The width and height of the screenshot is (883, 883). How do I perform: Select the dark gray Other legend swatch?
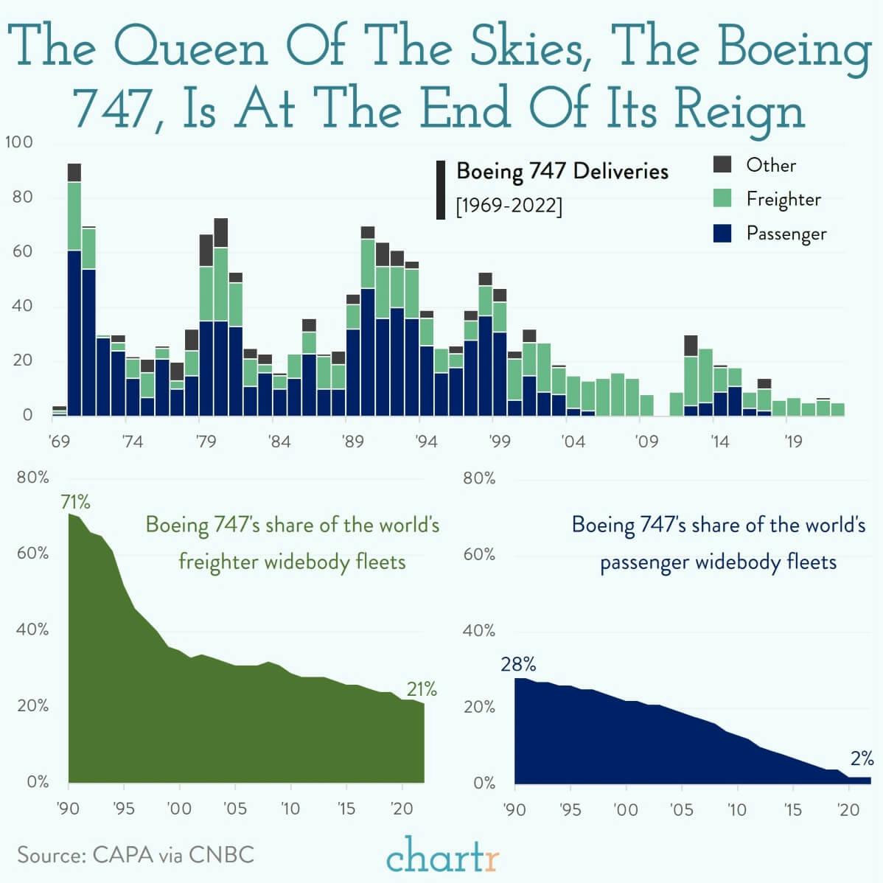[x=722, y=164]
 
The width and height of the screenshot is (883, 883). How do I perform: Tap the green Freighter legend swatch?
[x=722, y=198]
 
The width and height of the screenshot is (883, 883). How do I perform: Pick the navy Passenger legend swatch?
[x=722, y=233]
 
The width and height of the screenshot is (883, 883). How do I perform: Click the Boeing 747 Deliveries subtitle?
[x=562, y=171]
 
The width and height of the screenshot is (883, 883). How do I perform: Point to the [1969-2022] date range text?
[x=509, y=206]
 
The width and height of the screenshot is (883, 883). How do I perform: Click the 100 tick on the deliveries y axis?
[x=19, y=142]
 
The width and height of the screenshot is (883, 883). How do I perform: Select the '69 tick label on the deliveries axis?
[x=58, y=442]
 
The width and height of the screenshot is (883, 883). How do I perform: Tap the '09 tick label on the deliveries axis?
[x=646, y=442]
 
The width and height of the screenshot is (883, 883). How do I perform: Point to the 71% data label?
[x=75, y=503]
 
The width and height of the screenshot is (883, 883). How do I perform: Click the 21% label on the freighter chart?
[x=422, y=690]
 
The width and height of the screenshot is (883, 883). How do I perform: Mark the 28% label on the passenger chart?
[x=518, y=664]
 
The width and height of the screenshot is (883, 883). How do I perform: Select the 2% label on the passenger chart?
[x=862, y=758]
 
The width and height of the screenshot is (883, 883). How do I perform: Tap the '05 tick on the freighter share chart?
[x=234, y=809]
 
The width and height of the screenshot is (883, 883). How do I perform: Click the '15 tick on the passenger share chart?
[x=792, y=809]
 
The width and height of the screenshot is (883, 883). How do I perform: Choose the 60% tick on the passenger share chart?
[x=479, y=554]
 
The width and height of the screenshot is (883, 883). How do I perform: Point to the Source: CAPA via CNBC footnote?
[x=136, y=855]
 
